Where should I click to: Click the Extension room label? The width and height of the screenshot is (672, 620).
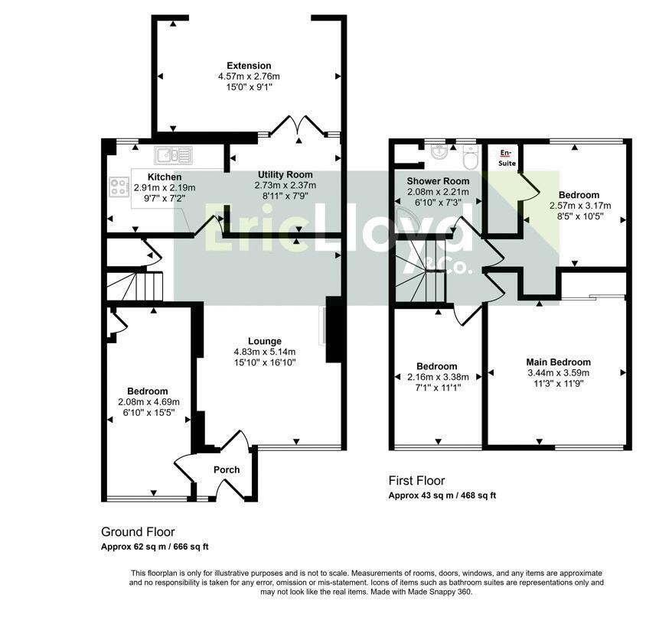pos(249,66)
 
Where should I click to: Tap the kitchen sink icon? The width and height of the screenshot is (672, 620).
pos(174,155)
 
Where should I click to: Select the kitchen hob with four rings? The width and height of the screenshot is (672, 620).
pos(119,187)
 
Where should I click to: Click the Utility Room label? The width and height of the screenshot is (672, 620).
pos(285,175)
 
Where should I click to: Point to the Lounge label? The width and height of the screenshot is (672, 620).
pos(265,341)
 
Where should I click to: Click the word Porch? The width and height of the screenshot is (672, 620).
pos(227,469)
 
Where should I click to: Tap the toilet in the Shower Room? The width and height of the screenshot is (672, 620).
pos(471,158)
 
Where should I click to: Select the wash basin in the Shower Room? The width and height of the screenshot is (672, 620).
pos(439,151)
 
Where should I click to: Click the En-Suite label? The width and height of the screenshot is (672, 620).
pos(507,157)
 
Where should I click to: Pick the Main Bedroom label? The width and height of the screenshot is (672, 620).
pos(559,362)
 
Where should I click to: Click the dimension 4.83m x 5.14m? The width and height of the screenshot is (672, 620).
pos(264,352)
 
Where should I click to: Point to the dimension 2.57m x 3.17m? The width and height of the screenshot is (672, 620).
pos(580,206)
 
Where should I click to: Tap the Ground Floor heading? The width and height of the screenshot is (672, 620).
pos(138,532)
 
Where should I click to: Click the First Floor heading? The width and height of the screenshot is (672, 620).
pos(416,480)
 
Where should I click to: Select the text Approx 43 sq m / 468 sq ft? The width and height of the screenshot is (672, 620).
pos(442,495)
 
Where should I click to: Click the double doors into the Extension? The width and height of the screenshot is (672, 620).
pos(298,126)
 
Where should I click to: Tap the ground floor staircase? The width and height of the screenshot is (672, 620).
pos(135,286)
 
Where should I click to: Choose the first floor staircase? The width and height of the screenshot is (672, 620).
pos(421,271)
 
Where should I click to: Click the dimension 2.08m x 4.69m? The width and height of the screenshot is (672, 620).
pos(148,402)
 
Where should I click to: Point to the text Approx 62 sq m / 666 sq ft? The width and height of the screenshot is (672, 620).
pos(155,547)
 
